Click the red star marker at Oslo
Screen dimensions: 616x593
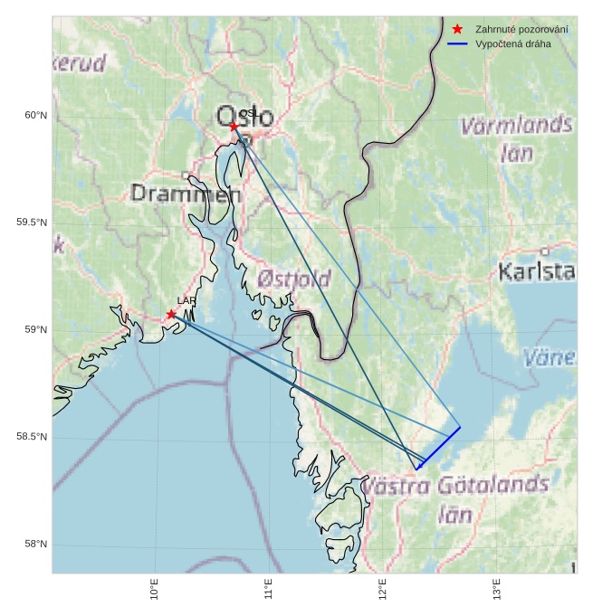point(234,126)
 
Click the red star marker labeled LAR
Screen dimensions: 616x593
point(171,314)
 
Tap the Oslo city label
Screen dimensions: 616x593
point(244,116)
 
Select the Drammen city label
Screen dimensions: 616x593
point(186,194)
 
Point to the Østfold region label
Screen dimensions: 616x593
point(293,279)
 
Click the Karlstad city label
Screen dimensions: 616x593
point(537,271)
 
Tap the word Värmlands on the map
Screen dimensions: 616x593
point(516,125)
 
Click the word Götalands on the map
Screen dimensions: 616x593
point(489,485)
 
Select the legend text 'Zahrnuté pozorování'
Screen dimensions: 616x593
point(521,30)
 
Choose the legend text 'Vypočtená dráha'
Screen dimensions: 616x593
point(512,43)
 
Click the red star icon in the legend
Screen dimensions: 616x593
point(457,30)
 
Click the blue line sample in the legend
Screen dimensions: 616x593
point(457,43)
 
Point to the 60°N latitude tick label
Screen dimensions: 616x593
point(35,115)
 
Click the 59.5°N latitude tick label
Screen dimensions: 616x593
point(32,223)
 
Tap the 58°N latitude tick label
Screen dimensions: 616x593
point(35,544)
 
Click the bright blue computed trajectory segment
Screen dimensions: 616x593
point(439,447)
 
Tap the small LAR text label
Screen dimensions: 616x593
point(187,300)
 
